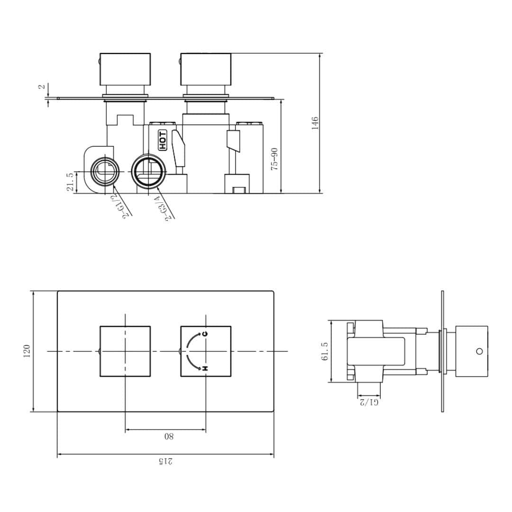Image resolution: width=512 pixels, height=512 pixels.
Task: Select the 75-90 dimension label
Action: [274, 159]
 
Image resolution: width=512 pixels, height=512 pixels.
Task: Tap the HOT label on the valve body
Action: [163, 140]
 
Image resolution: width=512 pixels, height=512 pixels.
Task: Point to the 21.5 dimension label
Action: [71, 182]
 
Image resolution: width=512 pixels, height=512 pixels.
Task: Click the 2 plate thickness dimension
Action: [42, 87]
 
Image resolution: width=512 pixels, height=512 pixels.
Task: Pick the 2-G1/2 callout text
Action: [120, 201]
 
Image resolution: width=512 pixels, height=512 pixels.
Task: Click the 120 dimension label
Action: [27, 351]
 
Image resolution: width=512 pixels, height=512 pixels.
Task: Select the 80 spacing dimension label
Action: [168, 436]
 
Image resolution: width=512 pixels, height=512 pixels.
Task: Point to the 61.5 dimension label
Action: [325, 351]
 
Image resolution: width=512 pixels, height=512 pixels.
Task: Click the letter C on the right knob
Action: [205, 334]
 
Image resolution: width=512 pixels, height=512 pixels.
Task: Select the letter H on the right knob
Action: [205, 368]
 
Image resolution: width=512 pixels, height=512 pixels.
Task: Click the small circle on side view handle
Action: [479, 351]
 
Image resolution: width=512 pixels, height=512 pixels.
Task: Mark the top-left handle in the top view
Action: [125, 68]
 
